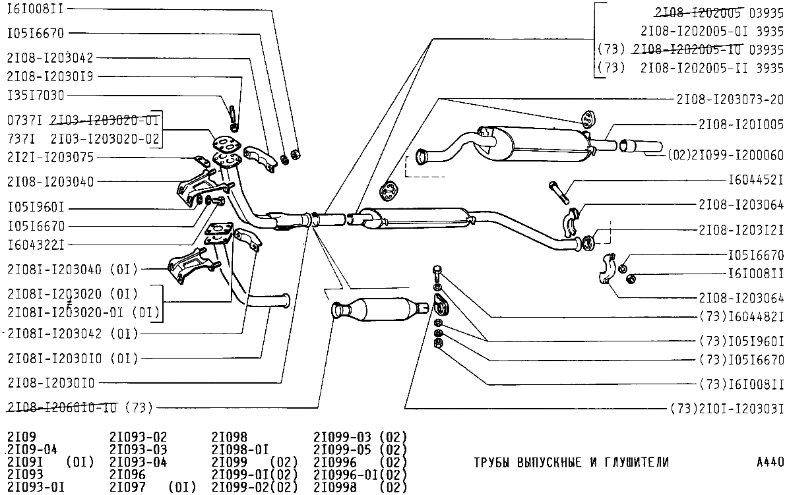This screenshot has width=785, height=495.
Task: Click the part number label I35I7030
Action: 36,96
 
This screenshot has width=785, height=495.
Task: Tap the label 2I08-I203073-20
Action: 730,100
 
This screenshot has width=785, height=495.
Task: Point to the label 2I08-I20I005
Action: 741,124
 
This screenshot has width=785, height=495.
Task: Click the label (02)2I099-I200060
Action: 726,156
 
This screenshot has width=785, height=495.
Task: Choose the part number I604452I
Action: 756,179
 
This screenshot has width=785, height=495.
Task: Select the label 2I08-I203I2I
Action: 741,229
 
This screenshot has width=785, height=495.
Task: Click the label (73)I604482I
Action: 741,316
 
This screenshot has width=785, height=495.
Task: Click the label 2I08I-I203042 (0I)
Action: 73,334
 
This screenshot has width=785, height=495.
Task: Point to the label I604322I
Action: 36,245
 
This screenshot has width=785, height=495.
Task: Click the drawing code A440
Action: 770,462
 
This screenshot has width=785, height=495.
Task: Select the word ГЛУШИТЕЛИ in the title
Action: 634,462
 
